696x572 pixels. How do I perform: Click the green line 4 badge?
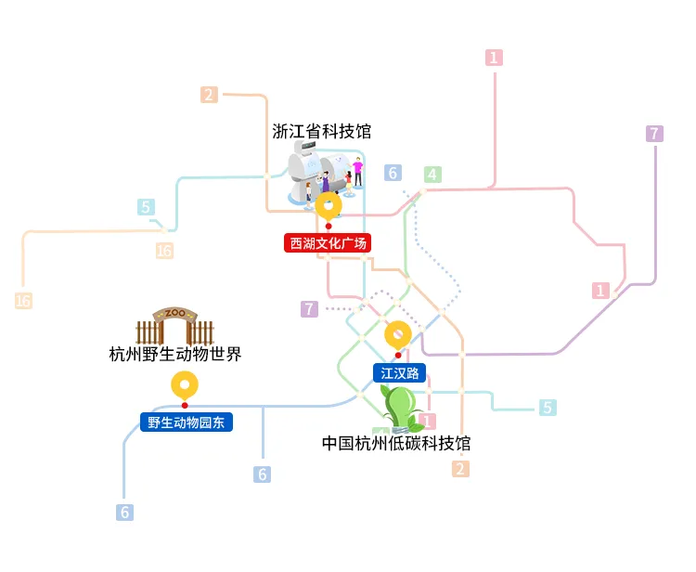[x=432, y=174]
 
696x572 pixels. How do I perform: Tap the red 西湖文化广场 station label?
[x=329, y=244]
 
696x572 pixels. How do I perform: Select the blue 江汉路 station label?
[x=400, y=373]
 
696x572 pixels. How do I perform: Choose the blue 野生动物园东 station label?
[x=186, y=422]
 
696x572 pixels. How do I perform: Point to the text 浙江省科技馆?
[x=321, y=132]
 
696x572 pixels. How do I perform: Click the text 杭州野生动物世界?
[x=175, y=354]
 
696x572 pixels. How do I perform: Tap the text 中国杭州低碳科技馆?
[x=396, y=443]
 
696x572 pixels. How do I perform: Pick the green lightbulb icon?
[x=400, y=407]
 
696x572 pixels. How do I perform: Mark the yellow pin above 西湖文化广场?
[x=328, y=205]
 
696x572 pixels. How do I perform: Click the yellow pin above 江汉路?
[x=398, y=334]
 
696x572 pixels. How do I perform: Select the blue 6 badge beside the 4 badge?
[x=393, y=173]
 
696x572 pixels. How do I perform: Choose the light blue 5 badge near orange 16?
[x=147, y=207]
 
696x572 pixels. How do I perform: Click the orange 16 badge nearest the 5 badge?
[x=164, y=251]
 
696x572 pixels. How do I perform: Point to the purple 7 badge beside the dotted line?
[x=310, y=308]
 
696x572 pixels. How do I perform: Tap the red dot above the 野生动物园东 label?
[x=185, y=405]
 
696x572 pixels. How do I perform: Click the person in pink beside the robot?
[x=357, y=172]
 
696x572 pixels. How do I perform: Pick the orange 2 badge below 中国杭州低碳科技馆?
[x=460, y=469]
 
